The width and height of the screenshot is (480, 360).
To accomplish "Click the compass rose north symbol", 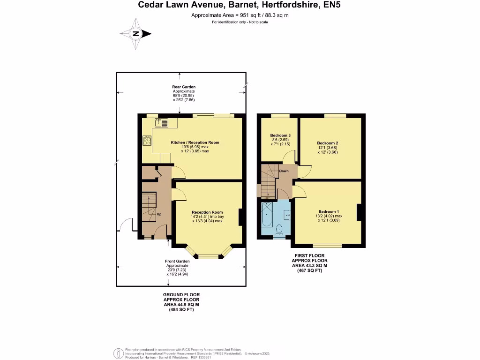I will coord(136,34).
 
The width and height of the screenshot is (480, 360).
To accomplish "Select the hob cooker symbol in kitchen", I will coord(147,140).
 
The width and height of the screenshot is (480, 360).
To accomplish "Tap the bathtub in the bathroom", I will coord(266,217).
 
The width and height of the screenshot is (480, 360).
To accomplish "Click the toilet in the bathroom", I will coord(279,229).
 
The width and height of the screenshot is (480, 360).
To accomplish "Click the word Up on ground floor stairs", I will coord(159,214).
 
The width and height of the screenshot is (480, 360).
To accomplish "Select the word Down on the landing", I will coord(284,171).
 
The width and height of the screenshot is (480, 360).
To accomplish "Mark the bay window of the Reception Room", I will coord(208,256).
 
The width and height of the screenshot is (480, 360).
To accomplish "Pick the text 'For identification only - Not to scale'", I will coord(240,22).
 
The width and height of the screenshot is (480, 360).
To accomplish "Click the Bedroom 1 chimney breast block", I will coord(360,212).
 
